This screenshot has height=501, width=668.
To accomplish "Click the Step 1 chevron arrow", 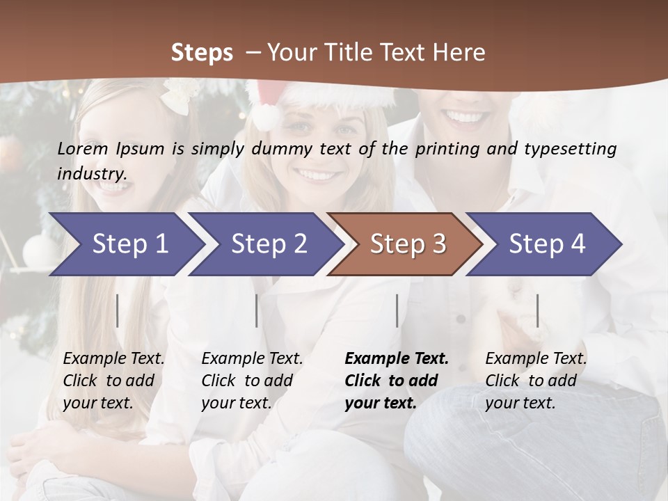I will pos(129,244).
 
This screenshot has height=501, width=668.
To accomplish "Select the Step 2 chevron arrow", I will pos(269,244).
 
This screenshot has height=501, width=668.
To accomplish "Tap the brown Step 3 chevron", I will pos(408,244).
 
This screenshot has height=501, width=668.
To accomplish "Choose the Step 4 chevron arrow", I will pos(547,244).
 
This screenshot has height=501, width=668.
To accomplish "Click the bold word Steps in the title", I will pos(202,52).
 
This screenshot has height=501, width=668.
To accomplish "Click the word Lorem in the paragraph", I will pos(83,148).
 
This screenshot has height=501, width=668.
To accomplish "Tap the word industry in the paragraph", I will pos(92,173).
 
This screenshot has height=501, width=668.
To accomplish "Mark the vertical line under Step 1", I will pos(118,310).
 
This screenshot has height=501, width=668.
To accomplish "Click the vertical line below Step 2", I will pos(257,310).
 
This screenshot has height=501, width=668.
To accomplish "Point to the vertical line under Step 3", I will pos(397,310).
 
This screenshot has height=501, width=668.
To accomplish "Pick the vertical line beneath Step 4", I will pos(537,310).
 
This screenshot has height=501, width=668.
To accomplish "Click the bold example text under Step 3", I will pos(396,381).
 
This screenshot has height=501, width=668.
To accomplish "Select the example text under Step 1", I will pos(113,381).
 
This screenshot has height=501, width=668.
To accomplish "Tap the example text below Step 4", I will pos(536,381).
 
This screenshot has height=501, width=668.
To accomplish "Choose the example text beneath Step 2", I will pos(252,381).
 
